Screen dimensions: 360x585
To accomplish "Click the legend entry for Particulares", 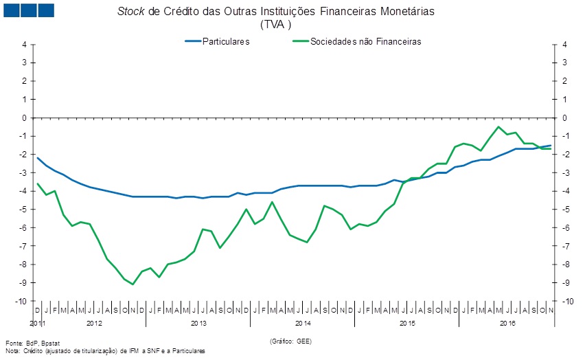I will [x=225, y=41].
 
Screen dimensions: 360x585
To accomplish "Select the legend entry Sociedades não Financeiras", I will [x=365, y=41].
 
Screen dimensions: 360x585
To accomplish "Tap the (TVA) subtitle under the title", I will [x=276, y=25].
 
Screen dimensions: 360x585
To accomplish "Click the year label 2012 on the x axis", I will [x=94, y=323].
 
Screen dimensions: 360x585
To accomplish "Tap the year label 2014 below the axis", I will [x=303, y=323].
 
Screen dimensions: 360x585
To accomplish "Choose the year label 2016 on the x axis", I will [x=508, y=323].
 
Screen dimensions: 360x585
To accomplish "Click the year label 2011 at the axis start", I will [x=37, y=323].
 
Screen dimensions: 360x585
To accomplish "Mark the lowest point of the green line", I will [x=133, y=284].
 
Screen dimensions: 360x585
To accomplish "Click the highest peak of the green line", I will [x=498, y=126].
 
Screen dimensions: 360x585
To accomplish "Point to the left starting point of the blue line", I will [x=38, y=158].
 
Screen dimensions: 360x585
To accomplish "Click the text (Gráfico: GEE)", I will [x=292, y=341].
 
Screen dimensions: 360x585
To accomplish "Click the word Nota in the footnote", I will [x=13, y=350].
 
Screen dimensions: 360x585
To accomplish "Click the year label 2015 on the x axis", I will [x=407, y=323].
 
